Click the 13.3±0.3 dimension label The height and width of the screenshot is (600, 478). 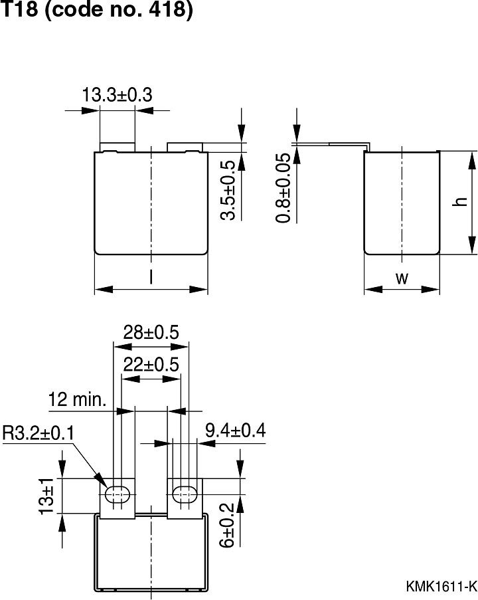[117, 96]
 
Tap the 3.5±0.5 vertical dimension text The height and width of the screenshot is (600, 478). [228, 190]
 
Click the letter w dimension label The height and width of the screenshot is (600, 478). [402, 278]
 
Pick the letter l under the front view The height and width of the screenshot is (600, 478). [151, 278]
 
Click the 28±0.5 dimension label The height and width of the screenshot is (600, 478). [151, 332]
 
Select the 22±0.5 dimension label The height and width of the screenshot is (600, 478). [151, 365]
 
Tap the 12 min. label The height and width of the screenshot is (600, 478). [77, 400]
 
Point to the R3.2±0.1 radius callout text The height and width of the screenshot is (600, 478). [39, 433]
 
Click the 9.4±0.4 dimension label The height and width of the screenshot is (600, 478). [235, 431]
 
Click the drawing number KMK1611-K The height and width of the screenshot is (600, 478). [441, 586]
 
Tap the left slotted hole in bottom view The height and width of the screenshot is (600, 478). [118, 494]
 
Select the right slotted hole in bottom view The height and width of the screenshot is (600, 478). [184, 494]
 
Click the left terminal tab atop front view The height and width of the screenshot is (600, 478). [118, 146]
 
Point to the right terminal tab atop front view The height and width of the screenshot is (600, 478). [184, 146]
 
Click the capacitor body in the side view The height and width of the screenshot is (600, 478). [402, 203]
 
